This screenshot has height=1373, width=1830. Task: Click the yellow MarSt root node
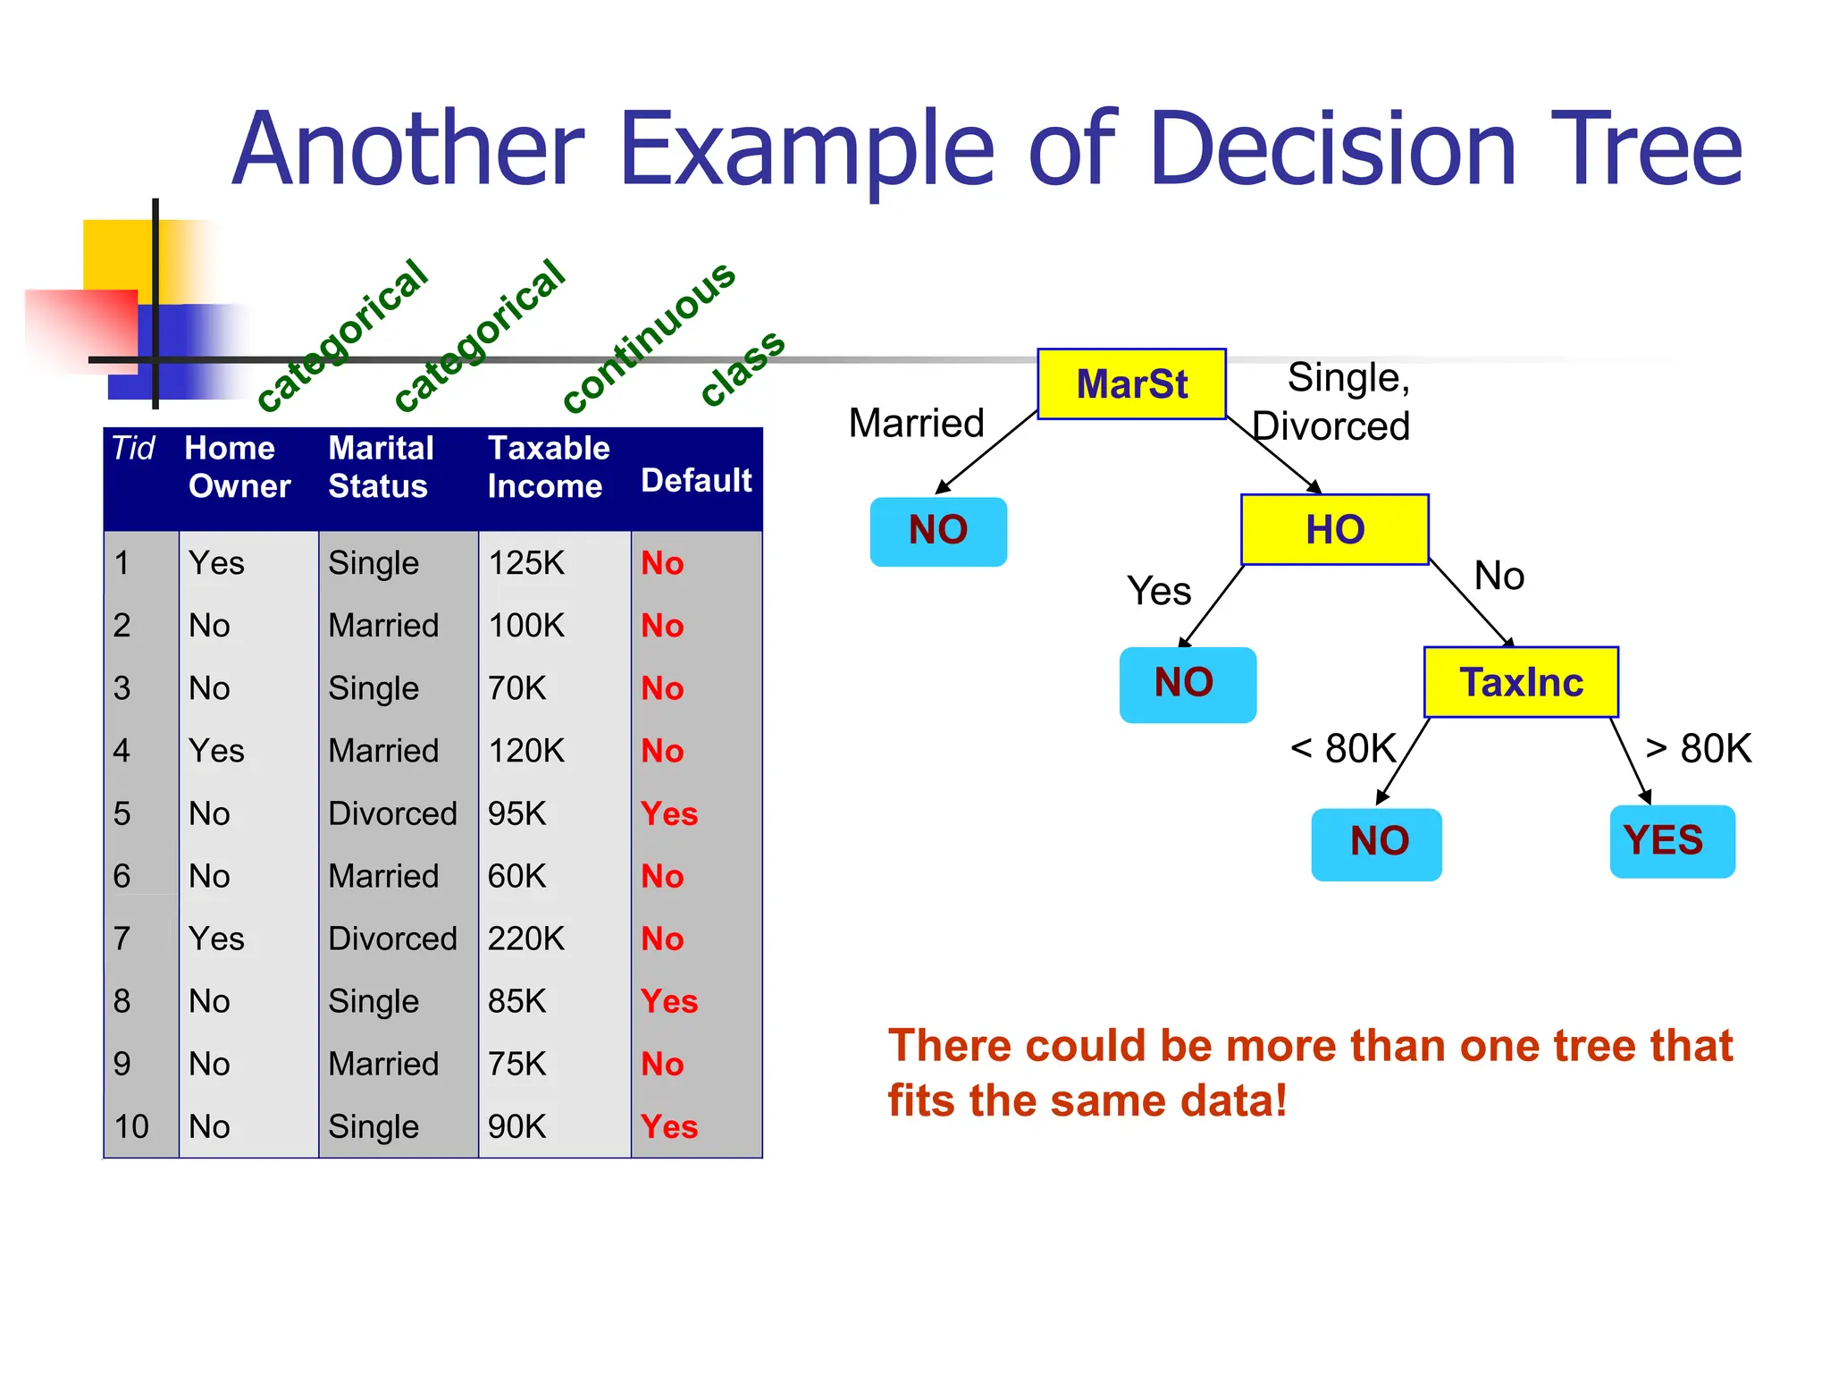(1131, 384)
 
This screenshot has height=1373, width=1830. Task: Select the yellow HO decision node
(1335, 529)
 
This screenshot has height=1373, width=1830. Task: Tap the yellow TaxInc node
(1521, 683)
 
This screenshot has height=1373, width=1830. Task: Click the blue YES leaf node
(1672, 841)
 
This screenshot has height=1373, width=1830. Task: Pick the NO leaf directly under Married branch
(938, 531)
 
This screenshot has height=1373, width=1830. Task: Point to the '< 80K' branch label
(1343, 748)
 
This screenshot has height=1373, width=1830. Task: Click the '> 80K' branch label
(1698, 748)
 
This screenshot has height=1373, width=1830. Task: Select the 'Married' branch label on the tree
(916, 423)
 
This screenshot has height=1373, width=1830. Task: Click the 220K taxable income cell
(526, 939)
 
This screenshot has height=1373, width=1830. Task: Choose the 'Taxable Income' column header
(548, 467)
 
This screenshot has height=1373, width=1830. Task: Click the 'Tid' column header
(133, 448)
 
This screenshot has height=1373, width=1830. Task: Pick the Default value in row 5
(669, 813)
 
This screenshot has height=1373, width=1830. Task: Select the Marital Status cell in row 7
(392, 939)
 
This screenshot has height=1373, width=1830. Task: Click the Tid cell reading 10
(131, 1126)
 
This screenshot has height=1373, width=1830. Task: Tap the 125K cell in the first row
(526, 563)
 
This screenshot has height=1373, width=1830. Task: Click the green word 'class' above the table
(743, 367)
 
